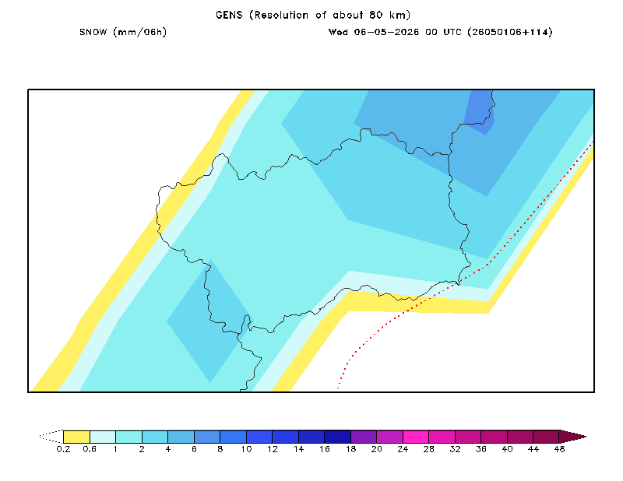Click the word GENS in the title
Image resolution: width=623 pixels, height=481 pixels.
pos(229,15)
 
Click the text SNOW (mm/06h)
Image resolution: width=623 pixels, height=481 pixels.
pos(123,32)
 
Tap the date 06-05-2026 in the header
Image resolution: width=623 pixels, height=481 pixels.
pos(386,32)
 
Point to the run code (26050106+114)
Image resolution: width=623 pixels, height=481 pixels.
pos(510,32)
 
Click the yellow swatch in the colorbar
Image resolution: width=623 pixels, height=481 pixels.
pos(76,437)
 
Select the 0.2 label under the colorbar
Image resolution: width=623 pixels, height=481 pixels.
pos(63,449)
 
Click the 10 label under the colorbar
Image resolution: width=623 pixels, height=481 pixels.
pos(246,449)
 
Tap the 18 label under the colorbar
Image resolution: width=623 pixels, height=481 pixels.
pos(351,449)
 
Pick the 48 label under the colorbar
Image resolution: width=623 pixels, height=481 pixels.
pos(559,449)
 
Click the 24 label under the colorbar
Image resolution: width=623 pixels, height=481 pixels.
pos(403,449)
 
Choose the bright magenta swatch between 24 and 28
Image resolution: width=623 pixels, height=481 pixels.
pos(416,437)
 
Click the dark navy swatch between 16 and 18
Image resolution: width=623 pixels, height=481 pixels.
pos(338,437)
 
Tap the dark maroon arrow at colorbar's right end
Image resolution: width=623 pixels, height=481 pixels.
pos(572,437)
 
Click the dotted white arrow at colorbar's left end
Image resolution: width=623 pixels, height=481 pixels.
pos(51,437)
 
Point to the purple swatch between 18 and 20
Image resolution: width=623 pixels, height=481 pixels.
pos(364,437)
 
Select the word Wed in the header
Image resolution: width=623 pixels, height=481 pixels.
pos(338,32)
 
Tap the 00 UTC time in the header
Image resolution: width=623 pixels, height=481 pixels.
pos(443,32)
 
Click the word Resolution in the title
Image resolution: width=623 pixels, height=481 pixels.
pos(281,15)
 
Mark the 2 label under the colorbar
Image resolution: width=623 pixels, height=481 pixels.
pos(142,449)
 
